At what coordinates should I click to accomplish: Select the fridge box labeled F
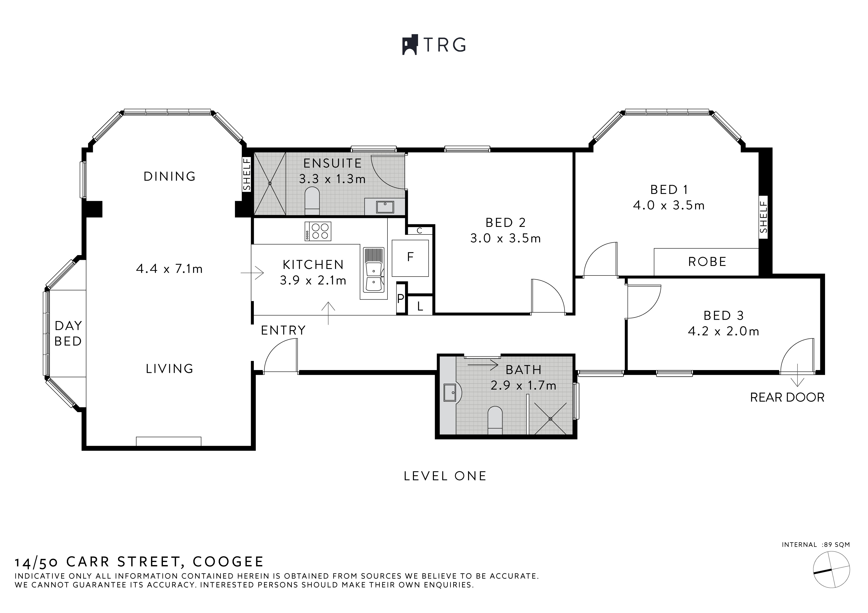point(410,258)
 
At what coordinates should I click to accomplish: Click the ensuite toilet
point(312,200)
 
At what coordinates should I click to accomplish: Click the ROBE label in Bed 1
point(707,262)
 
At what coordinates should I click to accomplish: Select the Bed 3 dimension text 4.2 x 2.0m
point(723,331)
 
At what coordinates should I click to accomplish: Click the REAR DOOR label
point(787,398)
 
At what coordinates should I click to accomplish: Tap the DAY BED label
point(68,333)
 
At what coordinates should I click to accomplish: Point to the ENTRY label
point(283,330)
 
